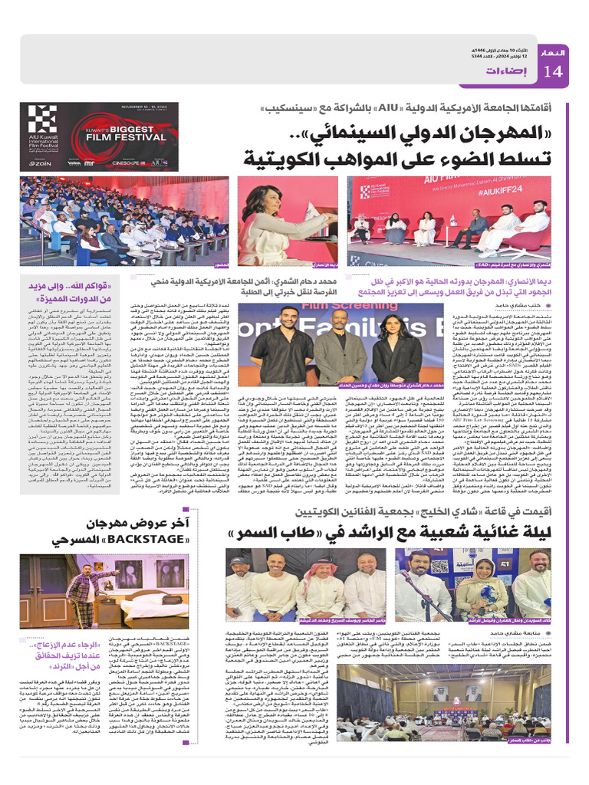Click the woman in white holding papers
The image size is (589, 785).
tap(268, 223)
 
